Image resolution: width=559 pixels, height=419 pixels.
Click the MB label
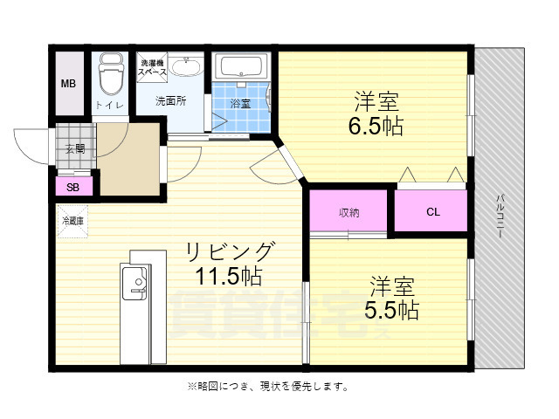coord(68,85)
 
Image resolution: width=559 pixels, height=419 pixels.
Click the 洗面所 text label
coord(170,100)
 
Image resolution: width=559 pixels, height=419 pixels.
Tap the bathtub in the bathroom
coord(244,67)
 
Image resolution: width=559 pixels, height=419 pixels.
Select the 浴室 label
coord(240,104)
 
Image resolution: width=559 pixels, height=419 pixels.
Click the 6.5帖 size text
coord(376,125)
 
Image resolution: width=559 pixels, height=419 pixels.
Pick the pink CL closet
coord(433,211)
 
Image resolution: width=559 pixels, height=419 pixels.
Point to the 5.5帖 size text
coord(392,309)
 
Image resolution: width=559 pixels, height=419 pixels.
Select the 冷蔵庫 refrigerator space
coord(73,222)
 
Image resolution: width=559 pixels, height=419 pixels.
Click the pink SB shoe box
coord(73,186)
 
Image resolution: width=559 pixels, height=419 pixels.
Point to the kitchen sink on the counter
coord(137,282)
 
